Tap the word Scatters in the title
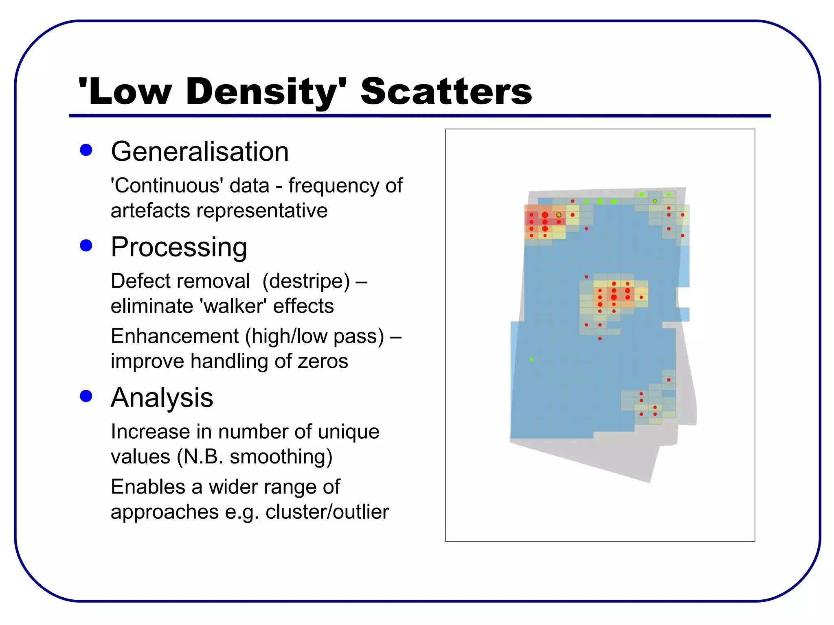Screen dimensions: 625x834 point(446,92)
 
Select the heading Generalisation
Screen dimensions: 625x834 point(200,151)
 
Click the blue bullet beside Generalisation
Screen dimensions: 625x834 point(86,150)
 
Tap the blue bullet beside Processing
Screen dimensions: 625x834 point(86,245)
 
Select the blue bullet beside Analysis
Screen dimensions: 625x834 point(86,396)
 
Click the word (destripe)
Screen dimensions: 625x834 point(306,281)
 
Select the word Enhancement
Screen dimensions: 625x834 point(174,336)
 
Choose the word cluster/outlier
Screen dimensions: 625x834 point(327,511)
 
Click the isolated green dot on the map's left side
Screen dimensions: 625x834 point(531,359)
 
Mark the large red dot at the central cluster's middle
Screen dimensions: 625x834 point(614,297)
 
